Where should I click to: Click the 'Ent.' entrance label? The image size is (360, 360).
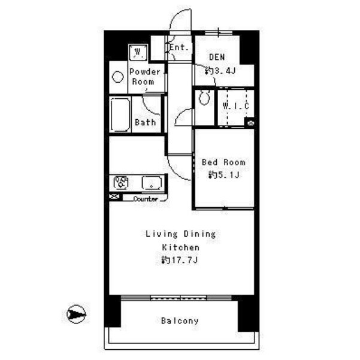(x=179, y=47)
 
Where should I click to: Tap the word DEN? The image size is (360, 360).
(x=217, y=57)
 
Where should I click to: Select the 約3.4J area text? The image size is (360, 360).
(x=220, y=71)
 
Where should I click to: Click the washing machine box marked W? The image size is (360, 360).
(x=138, y=52)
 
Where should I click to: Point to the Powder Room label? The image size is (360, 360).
(x=144, y=77)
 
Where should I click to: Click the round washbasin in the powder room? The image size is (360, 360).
(x=118, y=77)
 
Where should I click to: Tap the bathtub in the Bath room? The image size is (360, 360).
(x=120, y=115)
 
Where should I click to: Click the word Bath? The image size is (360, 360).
(x=146, y=122)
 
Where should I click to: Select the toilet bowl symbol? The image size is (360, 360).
(x=204, y=97)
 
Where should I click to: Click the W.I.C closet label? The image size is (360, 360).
(x=236, y=106)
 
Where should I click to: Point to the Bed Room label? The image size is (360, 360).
(x=223, y=162)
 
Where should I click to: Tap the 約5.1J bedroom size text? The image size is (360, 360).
(x=224, y=175)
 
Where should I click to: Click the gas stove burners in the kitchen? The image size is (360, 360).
(x=121, y=183)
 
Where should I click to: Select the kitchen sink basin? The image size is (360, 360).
(x=152, y=183)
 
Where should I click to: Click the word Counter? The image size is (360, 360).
(x=146, y=199)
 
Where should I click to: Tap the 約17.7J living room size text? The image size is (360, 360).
(x=180, y=260)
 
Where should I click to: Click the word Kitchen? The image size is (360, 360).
(x=181, y=247)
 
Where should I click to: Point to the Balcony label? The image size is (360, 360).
(x=180, y=320)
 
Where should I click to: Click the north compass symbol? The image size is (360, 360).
(x=76, y=314)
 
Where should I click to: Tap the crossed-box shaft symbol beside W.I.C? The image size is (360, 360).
(x=250, y=123)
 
